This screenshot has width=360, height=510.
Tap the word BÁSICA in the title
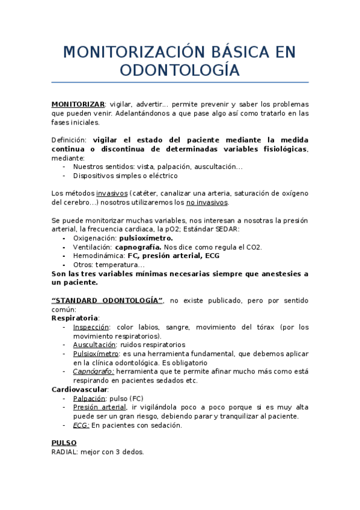point(226,52)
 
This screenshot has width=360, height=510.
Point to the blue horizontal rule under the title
point(180,82)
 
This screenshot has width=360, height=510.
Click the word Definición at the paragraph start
point(69,140)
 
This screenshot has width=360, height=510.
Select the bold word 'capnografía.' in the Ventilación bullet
point(138,247)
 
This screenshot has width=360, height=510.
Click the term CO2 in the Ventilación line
point(254,247)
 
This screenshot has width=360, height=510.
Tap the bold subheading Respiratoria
point(75,318)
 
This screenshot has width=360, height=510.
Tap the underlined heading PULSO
point(64,443)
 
